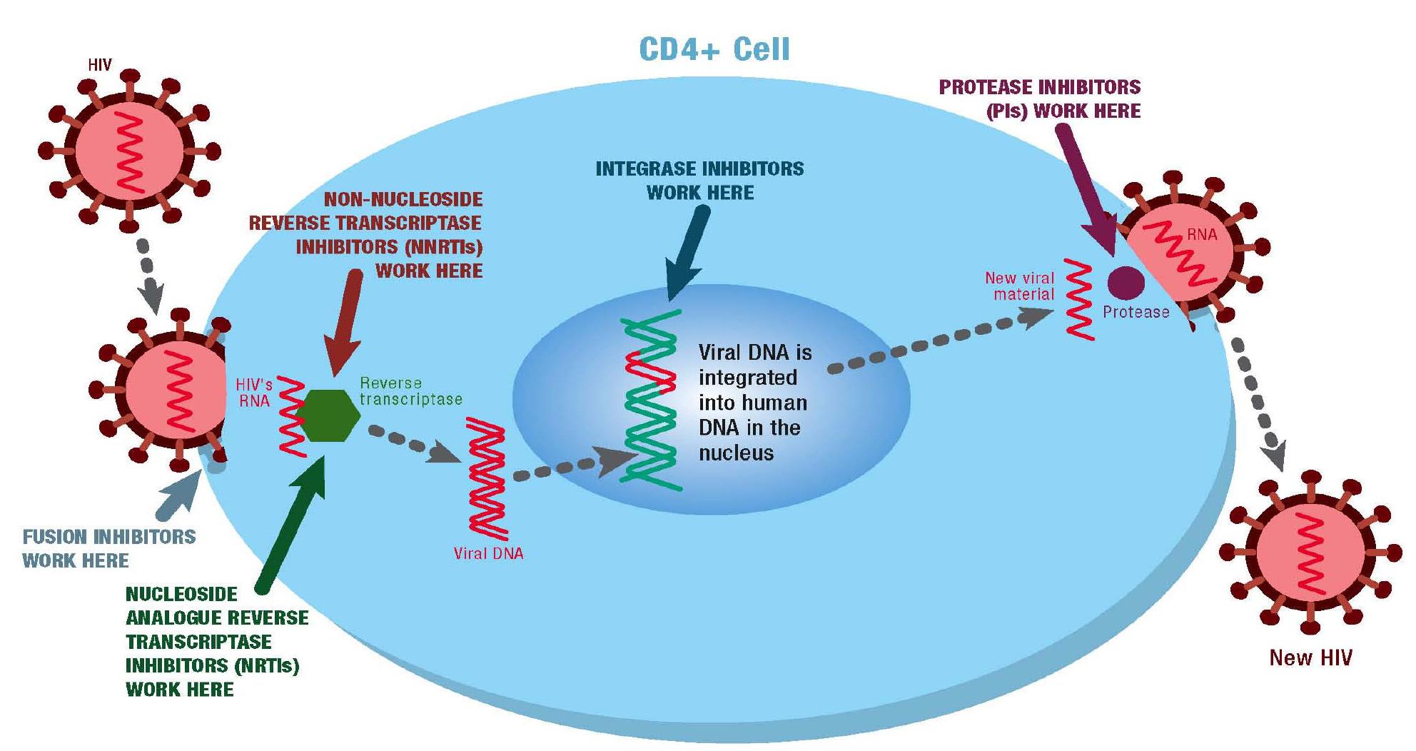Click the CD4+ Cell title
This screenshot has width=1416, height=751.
(714, 49)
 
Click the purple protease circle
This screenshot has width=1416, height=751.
(1126, 282)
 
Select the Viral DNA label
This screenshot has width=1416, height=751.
(488, 553)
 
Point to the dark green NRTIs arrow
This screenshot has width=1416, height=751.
(293, 528)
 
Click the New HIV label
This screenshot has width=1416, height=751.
(1310, 657)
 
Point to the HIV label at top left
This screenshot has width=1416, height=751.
(100, 65)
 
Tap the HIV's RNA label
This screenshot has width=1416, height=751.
(254, 393)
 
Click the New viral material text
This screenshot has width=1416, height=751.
(1021, 286)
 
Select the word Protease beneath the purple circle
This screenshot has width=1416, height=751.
(1136, 312)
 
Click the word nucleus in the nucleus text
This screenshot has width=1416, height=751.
(736, 453)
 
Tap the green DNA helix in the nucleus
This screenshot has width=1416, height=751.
(651, 428)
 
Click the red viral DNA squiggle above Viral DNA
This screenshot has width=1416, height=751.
(487, 478)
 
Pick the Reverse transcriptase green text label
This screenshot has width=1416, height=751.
(410, 391)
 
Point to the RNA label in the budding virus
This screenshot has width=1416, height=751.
(1202, 234)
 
